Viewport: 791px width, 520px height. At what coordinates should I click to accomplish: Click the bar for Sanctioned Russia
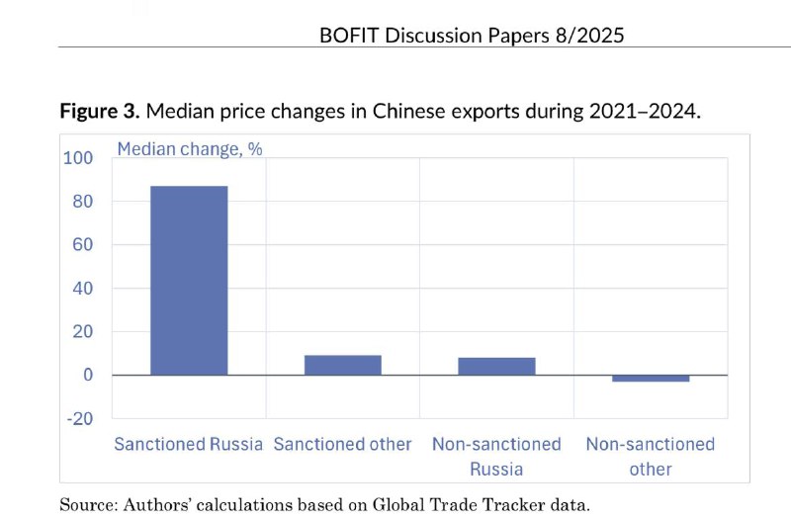click(189, 280)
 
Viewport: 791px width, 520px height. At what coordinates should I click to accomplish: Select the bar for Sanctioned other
click(342, 365)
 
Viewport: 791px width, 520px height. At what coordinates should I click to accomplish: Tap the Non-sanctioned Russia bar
click(496, 366)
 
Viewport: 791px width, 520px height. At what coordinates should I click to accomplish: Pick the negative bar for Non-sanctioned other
click(651, 379)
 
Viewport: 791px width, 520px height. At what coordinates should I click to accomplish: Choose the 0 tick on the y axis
click(87, 376)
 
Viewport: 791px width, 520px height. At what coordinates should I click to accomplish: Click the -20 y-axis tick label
click(78, 418)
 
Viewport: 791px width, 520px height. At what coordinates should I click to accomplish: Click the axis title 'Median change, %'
click(190, 149)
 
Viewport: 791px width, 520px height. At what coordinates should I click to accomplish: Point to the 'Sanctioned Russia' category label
click(189, 444)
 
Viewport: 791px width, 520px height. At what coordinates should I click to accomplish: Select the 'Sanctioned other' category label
click(342, 444)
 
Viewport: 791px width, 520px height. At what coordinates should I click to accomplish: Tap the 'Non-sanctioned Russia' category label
click(496, 456)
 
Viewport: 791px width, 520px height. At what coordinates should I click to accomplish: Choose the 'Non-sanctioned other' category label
click(651, 456)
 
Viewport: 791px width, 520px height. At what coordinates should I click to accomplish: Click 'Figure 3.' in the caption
click(100, 110)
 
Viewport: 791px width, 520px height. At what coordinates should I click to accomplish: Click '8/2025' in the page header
click(587, 36)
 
